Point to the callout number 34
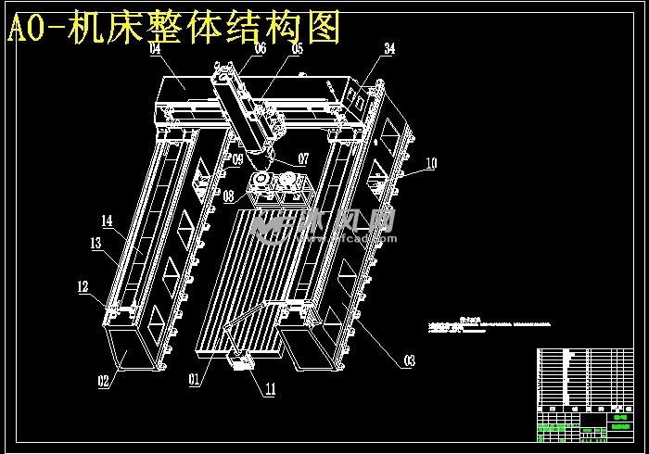(x=389, y=47)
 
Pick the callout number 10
(x=431, y=163)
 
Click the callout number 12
(x=83, y=286)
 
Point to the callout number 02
(x=104, y=379)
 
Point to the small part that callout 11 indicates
(x=245, y=365)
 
